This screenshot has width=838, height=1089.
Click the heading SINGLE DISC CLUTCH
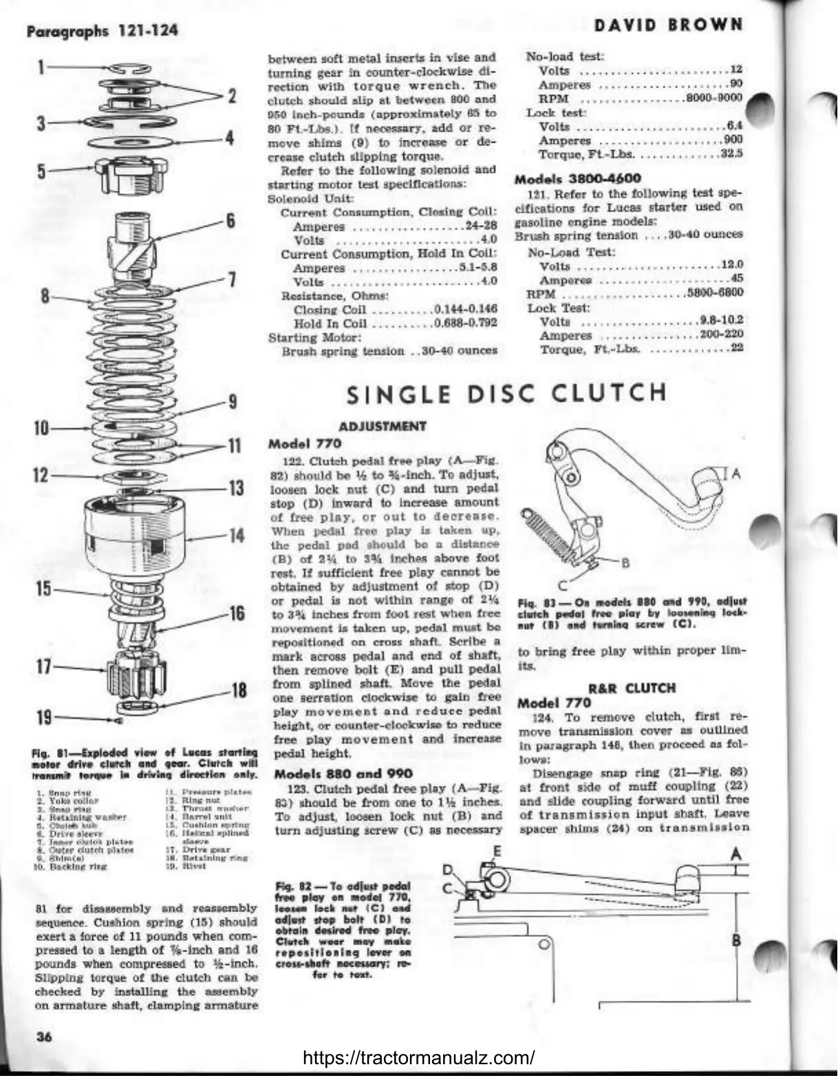(506, 394)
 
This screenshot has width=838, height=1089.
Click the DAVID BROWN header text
(669, 26)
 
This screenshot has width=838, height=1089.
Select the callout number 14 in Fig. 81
(236, 535)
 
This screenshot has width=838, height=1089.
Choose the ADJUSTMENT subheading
(383, 427)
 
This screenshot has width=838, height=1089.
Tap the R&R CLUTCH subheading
(632, 688)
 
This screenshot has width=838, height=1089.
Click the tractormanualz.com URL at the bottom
(419, 1057)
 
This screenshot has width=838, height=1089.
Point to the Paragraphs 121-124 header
(102, 30)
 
